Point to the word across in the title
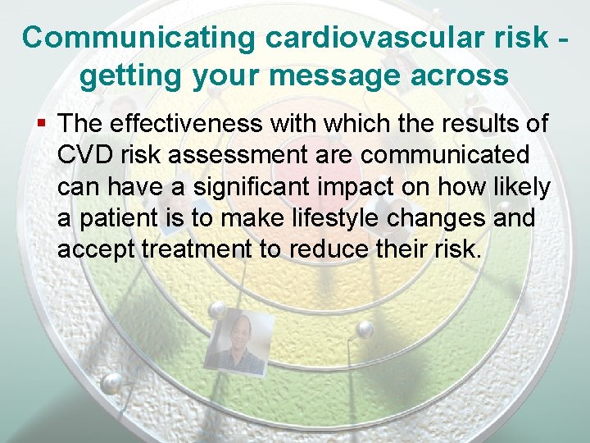point(464,76)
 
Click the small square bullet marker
point(43,124)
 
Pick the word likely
point(521,187)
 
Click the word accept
point(96,250)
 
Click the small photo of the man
point(238,344)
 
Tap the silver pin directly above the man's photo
point(219,308)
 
